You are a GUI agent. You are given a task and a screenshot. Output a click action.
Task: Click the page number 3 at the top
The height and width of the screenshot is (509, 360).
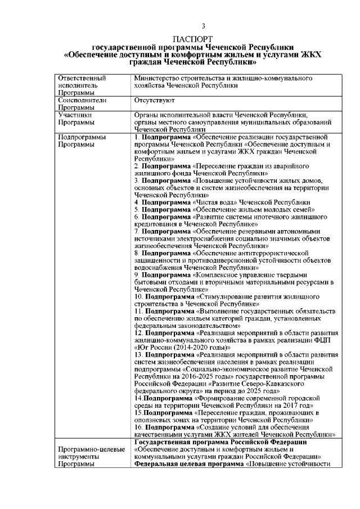[x=204, y=26]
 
